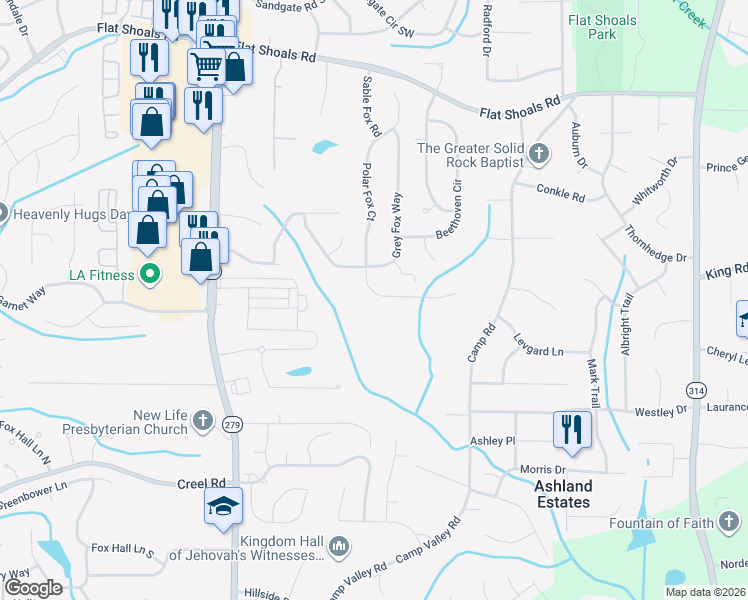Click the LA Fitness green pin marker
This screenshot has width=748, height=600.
[150, 272]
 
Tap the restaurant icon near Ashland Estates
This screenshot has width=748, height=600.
[572, 429]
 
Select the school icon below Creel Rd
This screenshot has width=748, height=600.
[223, 506]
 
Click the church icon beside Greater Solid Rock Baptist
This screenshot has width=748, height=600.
[540, 154]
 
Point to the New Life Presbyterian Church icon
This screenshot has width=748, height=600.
[203, 421]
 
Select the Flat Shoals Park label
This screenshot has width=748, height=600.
[602, 27]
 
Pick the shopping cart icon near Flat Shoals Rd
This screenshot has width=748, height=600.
[206, 66]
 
